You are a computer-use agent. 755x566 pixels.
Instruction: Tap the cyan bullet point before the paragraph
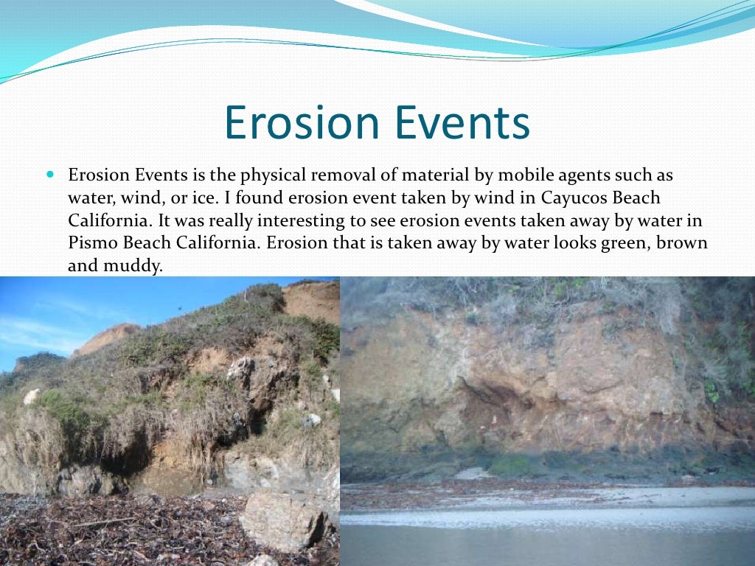click(x=50, y=177)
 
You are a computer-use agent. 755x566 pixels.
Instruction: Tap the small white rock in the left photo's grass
click(x=32, y=396)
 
